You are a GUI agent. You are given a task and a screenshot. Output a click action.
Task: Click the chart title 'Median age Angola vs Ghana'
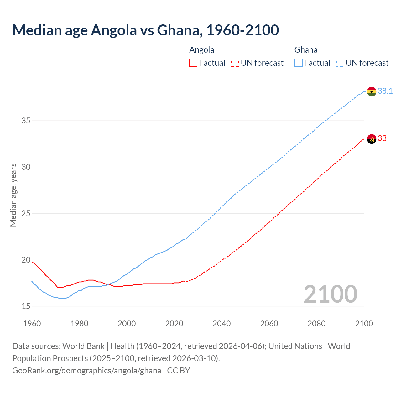pyautogui.click(x=145, y=30)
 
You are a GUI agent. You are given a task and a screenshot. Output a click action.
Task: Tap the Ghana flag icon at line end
pyautogui.click(x=372, y=91)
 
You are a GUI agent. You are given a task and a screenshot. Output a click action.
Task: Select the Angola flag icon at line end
pyautogui.click(x=372, y=139)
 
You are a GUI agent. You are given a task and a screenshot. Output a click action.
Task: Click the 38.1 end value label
pyautogui.click(x=385, y=91)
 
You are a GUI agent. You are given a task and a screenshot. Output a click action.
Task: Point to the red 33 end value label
pyautogui.click(x=382, y=138)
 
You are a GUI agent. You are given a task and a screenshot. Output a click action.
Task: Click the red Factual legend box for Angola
pyautogui.click(x=193, y=63)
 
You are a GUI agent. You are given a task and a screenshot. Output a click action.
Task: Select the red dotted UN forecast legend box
pyautogui.click(x=235, y=63)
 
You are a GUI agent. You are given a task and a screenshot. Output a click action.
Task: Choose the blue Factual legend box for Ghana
pyautogui.click(x=299, y=63)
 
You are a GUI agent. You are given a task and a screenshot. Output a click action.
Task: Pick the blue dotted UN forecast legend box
pyautogui.click(x=340, y=63)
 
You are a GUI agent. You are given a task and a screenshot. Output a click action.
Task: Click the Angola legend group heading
pyautogui.click(x=202, y=50)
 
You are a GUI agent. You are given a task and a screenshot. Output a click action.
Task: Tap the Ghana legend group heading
pyautogui.click(x=306, y=50)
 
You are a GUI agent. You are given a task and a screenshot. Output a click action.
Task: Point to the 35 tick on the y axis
pyautogui.click(x=26, y=121)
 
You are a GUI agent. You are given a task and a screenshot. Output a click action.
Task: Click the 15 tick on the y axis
pyautogui.click(x=26, y=306)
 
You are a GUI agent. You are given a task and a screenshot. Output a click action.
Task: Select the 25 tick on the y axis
pyautogui.click(x=26, y=213)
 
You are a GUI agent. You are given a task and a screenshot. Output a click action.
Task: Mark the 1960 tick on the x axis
pyautogui.click(x=32, y=324)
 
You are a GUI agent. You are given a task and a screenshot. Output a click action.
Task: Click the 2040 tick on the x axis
pyautogui.click(x=221, y=324)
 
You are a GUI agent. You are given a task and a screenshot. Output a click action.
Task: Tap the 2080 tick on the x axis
pyautogui.click(x=316, y=324)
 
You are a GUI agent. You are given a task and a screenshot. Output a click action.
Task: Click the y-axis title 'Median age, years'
pyautogui.click(x=13, y=195)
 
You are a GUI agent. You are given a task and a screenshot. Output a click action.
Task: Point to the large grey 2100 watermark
pyautogui.click(x=330, y=294)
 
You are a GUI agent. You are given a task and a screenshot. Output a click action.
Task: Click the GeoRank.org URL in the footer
pyautogui.click(x=87, y=371)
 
